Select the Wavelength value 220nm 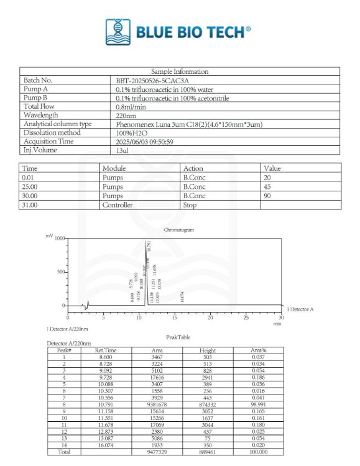[x=126, y=115]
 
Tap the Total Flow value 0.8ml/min [x=131, y=106]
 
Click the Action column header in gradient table [x=193, y=168]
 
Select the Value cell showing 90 [x=268, y=196]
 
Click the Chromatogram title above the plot [x=178, y=230]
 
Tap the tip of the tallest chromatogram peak [x=146, y=240]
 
